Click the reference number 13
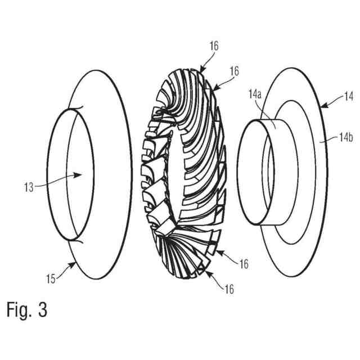tap(29, 187)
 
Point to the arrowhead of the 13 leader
tap(83, 174)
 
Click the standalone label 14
tap(349, 98)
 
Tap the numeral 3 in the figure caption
tap(42, 310)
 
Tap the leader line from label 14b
tap(329, 139)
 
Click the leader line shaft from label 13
tap(56, 181)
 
